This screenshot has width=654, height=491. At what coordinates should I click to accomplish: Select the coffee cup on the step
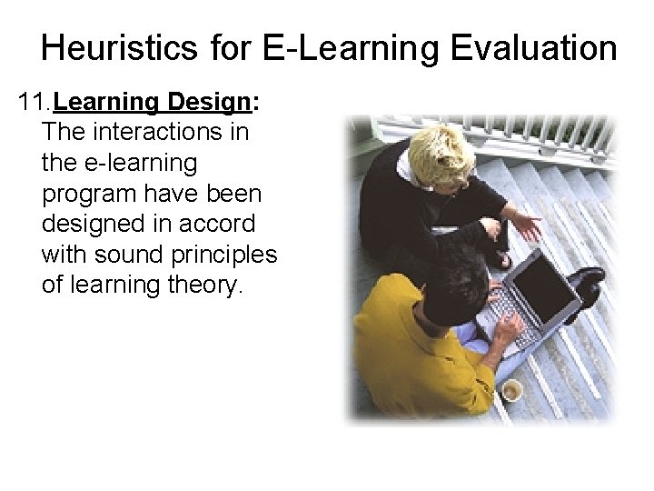click(x=511, y=391)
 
